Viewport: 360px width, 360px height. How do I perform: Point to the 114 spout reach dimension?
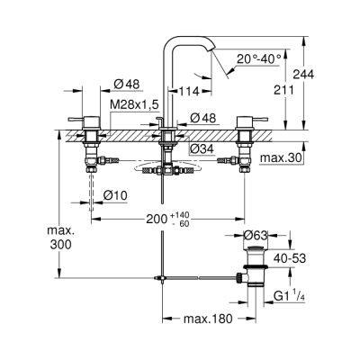coord(189,91)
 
